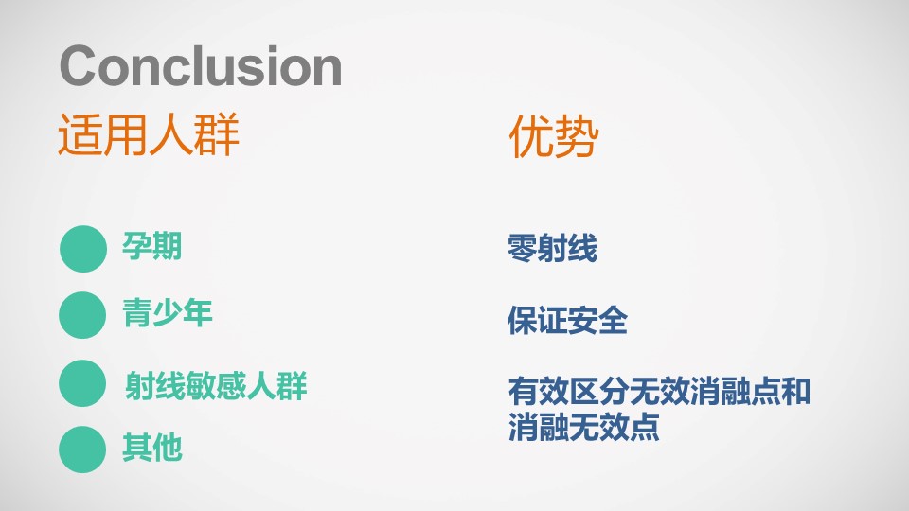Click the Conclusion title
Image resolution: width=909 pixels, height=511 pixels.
201,65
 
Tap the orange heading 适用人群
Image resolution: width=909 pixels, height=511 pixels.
149,135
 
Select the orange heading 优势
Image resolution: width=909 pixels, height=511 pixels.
553,136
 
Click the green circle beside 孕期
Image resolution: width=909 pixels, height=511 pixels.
83,249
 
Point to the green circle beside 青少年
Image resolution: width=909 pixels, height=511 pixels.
82,314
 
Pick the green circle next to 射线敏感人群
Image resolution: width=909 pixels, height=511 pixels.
82,383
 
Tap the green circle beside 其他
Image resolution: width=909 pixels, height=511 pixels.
82,449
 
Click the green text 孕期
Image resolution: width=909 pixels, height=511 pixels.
151,246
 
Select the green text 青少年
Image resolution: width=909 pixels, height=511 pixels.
167,313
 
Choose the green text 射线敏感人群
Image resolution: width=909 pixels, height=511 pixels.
216,386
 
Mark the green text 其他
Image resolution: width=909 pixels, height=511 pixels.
151,448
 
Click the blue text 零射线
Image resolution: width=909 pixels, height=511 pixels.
552,248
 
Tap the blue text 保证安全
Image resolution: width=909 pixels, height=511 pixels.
567,321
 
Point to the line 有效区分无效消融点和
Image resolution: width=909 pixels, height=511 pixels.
659,391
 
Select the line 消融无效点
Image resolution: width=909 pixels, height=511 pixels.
584,427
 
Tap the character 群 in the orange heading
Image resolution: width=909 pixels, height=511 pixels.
217,135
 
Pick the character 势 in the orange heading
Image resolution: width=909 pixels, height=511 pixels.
577,136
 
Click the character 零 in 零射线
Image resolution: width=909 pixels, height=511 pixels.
523,248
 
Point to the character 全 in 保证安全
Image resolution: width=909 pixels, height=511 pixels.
613,321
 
